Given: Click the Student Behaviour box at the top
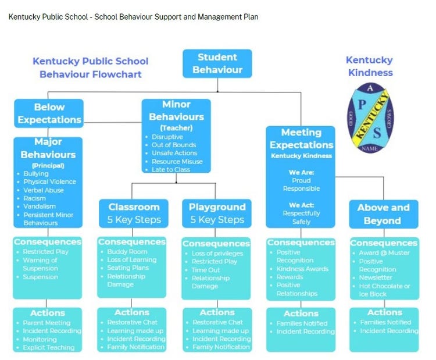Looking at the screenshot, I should [217, 63].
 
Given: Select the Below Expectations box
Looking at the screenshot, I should [49, 113].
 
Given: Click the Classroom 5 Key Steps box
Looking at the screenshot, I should [133, 213].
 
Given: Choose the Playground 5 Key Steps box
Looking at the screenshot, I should [217, 213].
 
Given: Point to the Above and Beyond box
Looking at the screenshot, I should [383, 214].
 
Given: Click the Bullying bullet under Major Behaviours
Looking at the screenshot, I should [36, 173].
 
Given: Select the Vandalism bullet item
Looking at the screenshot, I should [40, 206].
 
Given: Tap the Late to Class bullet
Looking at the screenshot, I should [171, 170].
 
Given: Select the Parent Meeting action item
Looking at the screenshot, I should [47, 323].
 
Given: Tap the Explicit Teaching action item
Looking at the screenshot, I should [49, 348].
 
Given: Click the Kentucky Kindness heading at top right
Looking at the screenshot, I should [369, 66].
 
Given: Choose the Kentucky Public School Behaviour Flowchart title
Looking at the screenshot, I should [90, 67].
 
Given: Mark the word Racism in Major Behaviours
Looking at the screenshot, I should [35, 198].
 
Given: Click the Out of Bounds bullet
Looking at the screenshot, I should [174, 145].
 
